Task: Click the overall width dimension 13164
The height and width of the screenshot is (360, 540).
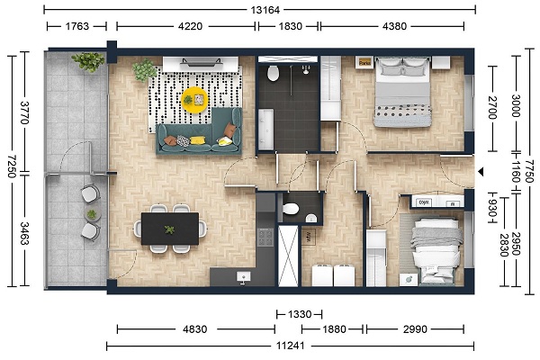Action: click(x=265, y=10)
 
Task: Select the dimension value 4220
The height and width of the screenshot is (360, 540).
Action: click(x=190, y=26)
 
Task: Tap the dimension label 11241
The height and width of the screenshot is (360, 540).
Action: click(x=291, y=346)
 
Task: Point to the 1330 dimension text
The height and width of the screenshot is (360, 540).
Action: click(x=300, y=314)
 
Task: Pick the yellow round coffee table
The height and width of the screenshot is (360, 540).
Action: click(x=194, y=100)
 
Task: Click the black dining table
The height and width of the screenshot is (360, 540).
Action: click(x=170, y=229)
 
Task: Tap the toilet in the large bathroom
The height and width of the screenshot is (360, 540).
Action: click(x=273, y=73)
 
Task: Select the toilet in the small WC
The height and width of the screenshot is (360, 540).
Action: click(x=291, y=209)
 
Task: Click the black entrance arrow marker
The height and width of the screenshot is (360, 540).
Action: click(x=481, y=172)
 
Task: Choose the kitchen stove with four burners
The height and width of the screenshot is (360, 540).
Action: click(x=265, y=237)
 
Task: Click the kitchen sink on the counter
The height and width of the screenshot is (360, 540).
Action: click(x=244, y=276)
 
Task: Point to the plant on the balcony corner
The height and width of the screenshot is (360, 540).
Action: click(x=88, y=62)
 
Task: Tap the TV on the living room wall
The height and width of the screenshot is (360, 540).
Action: click(x=201, y=62)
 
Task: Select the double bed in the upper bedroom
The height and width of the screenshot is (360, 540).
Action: click(x=402, y=92)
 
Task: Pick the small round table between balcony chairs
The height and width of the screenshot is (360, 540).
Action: click(x=92, y=214)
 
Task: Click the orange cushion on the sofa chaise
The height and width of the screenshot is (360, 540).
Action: click(x=230, y=130)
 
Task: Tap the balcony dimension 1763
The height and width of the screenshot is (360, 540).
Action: click(x=76, y=26)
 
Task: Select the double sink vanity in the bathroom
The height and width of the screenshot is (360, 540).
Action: click(x=265, y=130)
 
